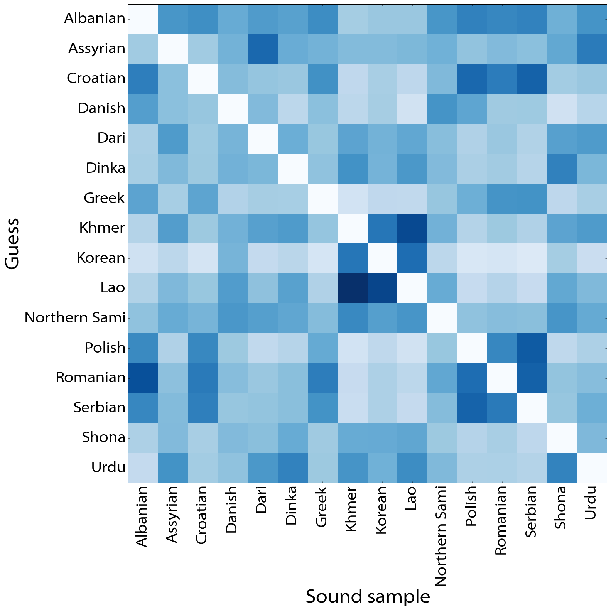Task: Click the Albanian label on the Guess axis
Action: (95, 19)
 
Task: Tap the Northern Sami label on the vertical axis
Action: (75, 317)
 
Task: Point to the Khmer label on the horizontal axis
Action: (351, 509)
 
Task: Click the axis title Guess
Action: (12, 243)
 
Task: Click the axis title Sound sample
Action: (368, 596)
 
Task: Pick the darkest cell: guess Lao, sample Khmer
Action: (352, 288)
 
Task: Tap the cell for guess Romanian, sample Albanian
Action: (143, 378)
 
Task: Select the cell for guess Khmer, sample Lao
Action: (412, 228)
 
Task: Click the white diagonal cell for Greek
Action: (322, 198)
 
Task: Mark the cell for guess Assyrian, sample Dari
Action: (263, 49)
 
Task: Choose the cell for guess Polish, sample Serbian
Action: (532, 348)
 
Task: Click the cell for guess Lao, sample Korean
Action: (382, 288)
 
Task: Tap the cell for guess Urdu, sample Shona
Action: (562, 468)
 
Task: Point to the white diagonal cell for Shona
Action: (562, 437)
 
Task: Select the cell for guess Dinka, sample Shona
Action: (562, 168)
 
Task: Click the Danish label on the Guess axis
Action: (101, 108)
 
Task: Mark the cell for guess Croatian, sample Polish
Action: (472, 78)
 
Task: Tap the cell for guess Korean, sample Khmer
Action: (352, 258)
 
